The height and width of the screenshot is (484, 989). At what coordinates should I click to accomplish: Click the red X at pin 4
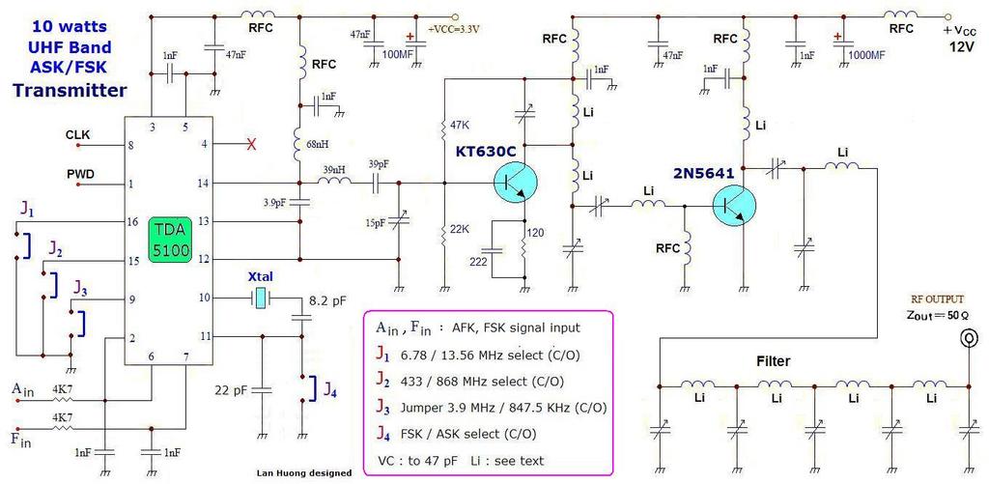(x=252, y=144)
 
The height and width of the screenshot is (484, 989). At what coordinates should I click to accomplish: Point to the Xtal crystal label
(x=261, y=275)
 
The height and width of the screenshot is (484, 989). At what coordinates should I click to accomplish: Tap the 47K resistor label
(x=460, y=126)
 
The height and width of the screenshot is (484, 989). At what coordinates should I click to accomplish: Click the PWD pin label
(x=79, y=175)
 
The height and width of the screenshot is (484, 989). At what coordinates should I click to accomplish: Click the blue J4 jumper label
(x=330, y=392)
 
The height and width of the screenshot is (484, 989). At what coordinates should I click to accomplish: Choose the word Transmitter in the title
(x=70, y=91)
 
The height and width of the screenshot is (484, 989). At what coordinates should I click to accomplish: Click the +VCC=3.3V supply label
(x=454, y=29)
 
